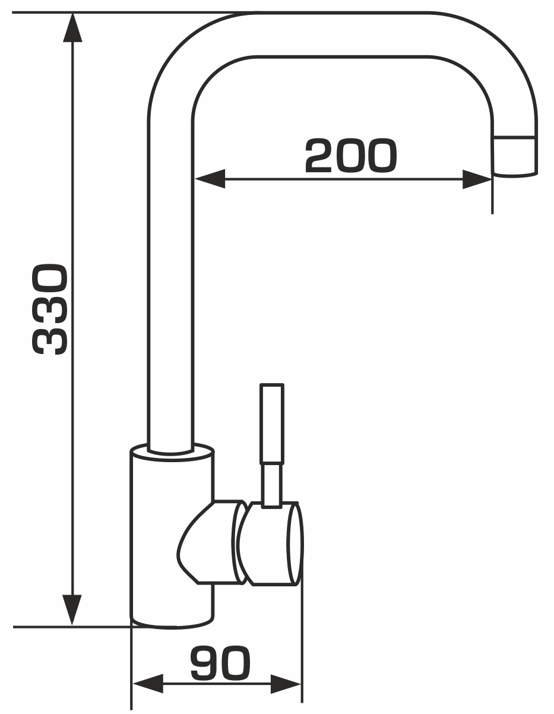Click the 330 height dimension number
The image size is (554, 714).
point(50,309)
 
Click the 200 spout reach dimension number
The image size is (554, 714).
point(351,156)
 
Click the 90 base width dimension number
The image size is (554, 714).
point(220,664)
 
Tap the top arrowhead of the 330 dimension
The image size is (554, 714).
point(72,27)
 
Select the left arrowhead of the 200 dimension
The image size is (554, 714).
point(210,179)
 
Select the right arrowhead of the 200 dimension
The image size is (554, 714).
point(477,179)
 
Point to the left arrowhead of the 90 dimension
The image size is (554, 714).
point(148,684)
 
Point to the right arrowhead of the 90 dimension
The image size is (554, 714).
point(286,684)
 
